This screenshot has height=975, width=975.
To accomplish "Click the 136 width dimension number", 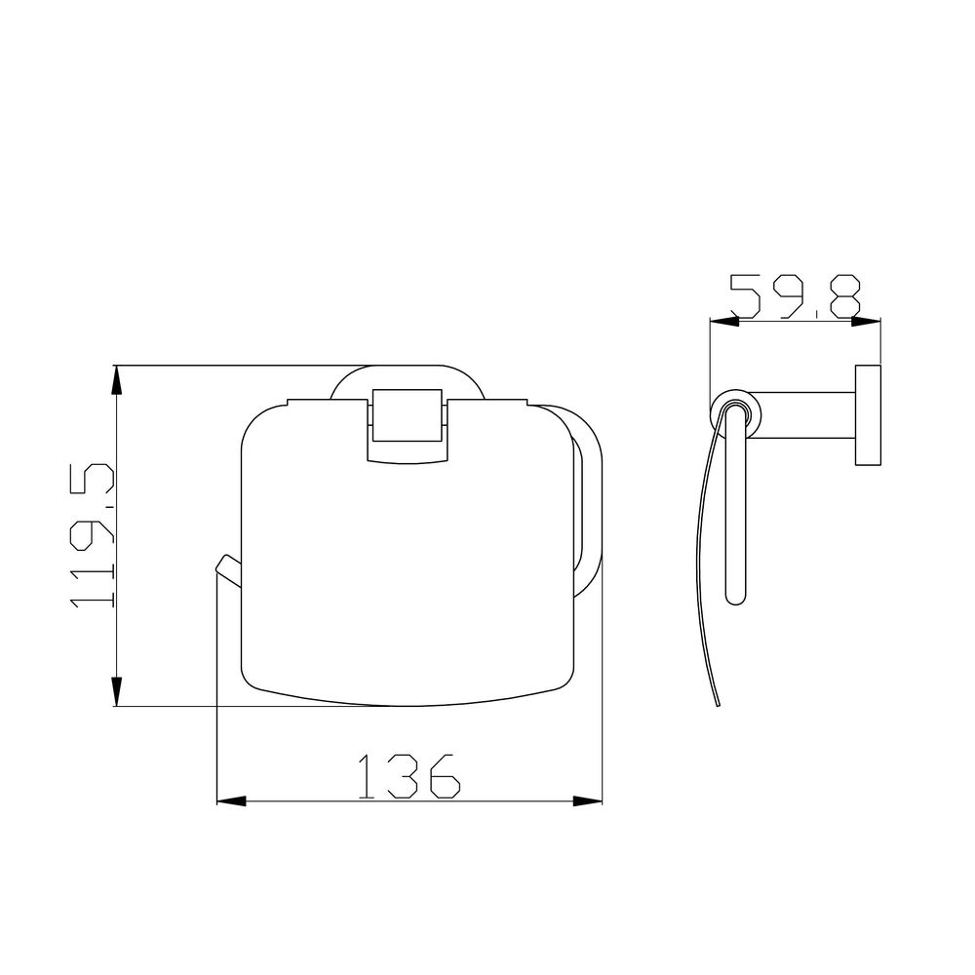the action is pos(409,776).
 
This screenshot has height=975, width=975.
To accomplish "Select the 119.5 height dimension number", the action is pos(92,534).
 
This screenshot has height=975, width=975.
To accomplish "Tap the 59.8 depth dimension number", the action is pos(796,296).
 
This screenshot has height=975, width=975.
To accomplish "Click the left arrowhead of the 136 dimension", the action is pos(231,801).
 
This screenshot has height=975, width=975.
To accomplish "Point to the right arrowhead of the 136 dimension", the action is pos(588,801).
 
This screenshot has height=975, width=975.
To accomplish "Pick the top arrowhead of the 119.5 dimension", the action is pos(116,380).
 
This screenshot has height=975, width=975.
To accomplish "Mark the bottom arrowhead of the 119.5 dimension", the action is pos(116,691).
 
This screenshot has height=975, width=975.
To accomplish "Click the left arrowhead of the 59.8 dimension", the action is pos(724,321).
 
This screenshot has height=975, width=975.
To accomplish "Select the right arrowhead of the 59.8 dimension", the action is pos(866,321).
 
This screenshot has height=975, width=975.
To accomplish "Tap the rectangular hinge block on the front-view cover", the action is pos(407,415).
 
